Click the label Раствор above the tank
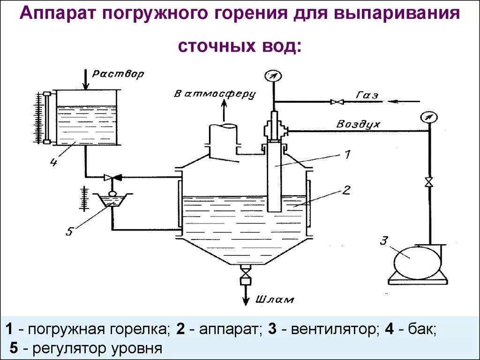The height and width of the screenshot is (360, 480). [118, 74]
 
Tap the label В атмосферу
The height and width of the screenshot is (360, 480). [215, 94]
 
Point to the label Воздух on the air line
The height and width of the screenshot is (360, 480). [359, 125]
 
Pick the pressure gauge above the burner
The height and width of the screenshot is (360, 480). [270, 75]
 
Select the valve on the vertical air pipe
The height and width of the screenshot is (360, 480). [428, 182]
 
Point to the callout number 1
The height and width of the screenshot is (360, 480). [347, 154]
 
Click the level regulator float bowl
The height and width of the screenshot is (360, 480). [112, 201]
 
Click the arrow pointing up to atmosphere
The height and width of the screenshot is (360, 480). [223, 110]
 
